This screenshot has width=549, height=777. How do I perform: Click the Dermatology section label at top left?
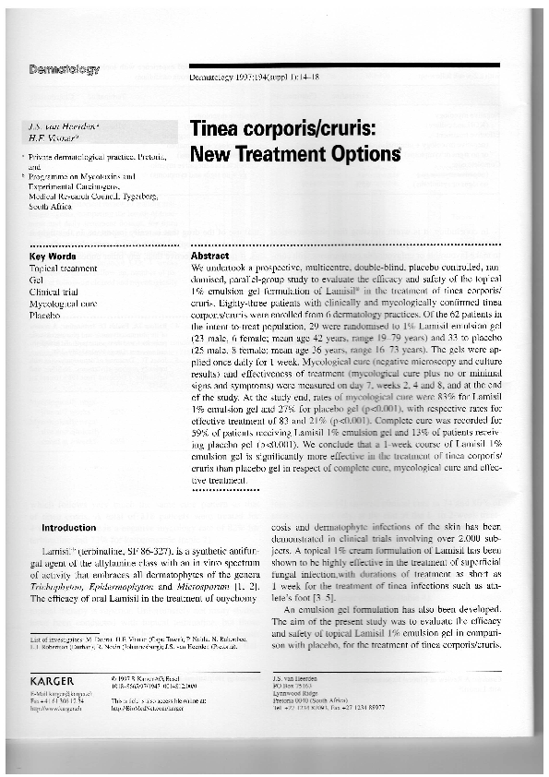(65, 70)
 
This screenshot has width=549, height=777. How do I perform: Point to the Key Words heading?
(52, 256)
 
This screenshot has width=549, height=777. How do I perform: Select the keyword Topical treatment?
(63, 267)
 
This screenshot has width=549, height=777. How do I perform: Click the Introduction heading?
(69, 528)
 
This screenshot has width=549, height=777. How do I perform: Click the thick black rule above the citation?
(342, 66)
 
